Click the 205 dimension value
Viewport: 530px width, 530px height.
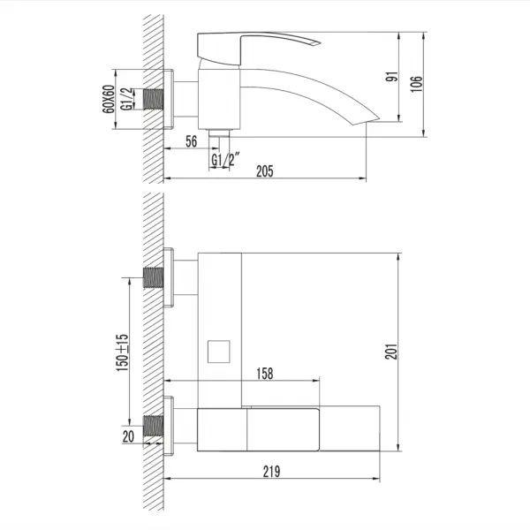[x=264, y=171]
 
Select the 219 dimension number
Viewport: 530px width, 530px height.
[x=271, y=472]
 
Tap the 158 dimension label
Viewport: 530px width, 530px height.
[x=265, y=374]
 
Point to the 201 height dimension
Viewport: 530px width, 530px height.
[x=391, y=352]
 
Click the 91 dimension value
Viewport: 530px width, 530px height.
[x=391, y=77]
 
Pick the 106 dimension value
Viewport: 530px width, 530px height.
[x=416, y=84]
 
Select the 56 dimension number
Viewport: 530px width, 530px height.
[x=191, y=141]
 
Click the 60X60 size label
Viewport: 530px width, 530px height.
[x=109, y=99]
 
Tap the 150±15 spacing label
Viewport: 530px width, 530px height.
[x=122, y=352]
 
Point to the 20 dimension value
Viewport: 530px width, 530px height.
[x=128, y=436]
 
